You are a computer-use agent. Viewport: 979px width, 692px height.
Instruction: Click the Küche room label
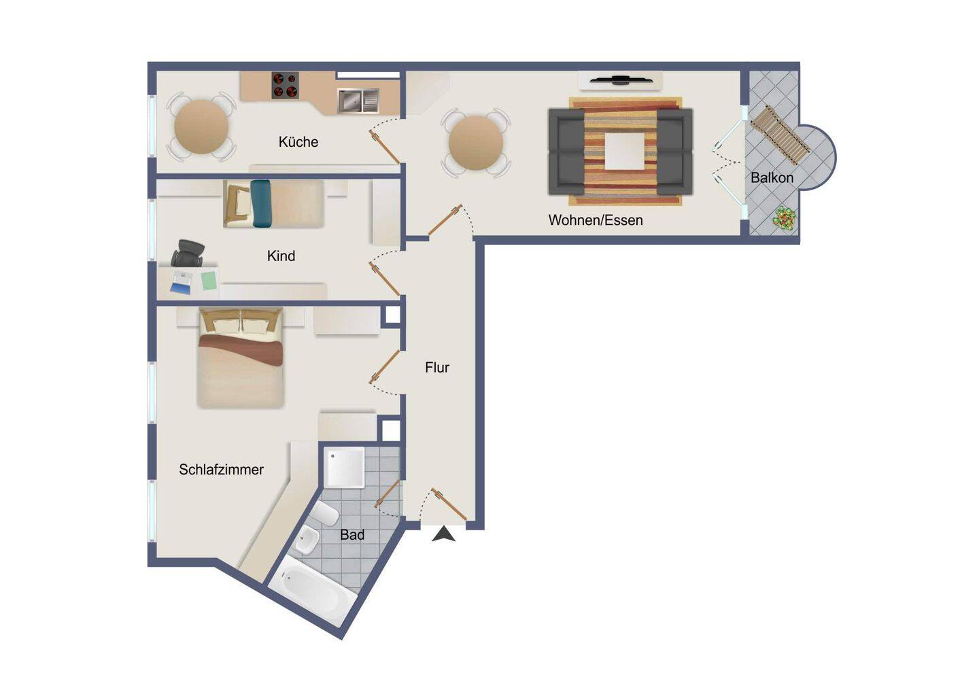(x=298, y=141)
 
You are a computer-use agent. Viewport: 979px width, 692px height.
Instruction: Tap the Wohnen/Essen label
(x=596, y=220)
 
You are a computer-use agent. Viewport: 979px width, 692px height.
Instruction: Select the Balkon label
(x=772, y=177)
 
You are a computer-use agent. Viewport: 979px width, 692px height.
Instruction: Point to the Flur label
(x=436, y=367)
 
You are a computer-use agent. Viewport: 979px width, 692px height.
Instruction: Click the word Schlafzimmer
(x=221, y=469)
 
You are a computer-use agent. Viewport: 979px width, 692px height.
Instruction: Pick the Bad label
(x=352, y=534)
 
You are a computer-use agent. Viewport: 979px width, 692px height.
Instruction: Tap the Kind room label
(x=281, y=256)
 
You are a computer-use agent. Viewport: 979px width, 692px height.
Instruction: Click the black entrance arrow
(x=443, y=534)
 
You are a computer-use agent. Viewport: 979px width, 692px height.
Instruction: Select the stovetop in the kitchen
(x=285, y=85)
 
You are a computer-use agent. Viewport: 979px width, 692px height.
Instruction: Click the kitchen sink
(x=358, y=100)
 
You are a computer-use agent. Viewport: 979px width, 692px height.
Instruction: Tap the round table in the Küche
(x=201, y=126)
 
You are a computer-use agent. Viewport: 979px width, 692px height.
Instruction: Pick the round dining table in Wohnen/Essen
(x=476, y=143)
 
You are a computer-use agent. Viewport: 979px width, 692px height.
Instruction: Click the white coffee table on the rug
(x=625, y=151)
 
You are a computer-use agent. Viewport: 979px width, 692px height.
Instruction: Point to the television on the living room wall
(x=621, y=80)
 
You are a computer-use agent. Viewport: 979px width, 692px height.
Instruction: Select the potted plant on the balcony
(x=785, y=217)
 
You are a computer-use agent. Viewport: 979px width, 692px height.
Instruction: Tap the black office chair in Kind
(x=188, y=253)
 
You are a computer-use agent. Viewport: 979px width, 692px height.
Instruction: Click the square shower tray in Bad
(x=345, y=467)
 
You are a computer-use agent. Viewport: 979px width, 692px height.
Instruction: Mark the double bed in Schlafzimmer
(x=241, y=358)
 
